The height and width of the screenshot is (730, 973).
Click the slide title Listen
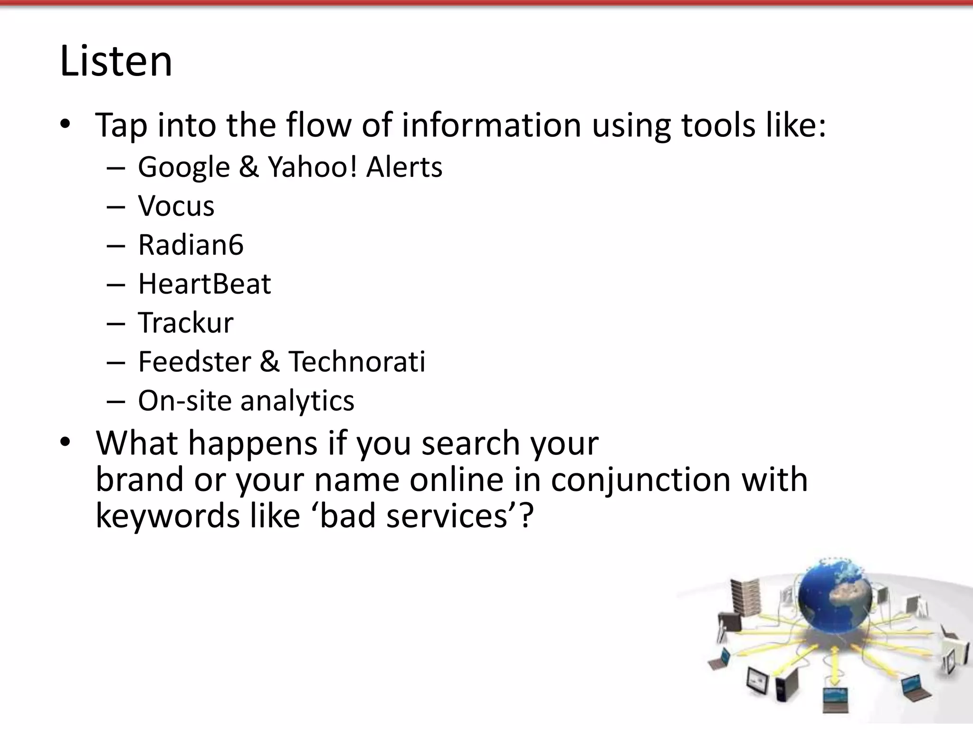116,61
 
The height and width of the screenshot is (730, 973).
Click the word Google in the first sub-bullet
184,167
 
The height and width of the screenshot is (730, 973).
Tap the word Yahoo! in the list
312,167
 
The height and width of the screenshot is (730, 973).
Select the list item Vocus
176,206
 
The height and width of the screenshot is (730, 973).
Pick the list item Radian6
191,245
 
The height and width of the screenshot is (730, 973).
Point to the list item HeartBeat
204,284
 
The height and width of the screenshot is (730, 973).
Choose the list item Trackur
186,323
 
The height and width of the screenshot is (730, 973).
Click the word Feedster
194,362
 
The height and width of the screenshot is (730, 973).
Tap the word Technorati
357,362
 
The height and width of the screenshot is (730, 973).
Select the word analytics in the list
297,401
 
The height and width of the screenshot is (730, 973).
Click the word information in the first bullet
491,125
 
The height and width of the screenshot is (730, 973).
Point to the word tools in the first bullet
718,125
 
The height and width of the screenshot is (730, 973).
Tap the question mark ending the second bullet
526,516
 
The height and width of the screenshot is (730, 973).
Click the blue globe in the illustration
835,599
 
